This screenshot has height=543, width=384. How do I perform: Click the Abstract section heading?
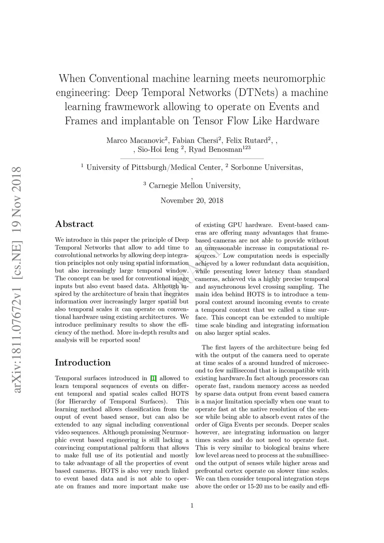tap(74, 224)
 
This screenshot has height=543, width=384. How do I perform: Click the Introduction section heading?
tap(83, 363)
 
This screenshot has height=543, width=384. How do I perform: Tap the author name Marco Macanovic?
tap(135, 141)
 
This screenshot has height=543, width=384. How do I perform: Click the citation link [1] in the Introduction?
tap(153, 378)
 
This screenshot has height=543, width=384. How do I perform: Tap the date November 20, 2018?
tap(192, 201)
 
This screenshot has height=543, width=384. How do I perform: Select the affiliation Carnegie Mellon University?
tap(195, 186)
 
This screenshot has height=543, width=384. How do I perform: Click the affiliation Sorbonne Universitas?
tap(267, 168)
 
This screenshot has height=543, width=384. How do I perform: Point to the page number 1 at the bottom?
tap(192, 506)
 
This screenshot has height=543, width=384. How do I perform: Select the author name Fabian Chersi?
tap(195, 141)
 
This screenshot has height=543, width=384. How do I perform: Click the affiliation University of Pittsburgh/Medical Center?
tap(154, 168)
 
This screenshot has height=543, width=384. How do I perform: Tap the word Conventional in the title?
tap(119, 79)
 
